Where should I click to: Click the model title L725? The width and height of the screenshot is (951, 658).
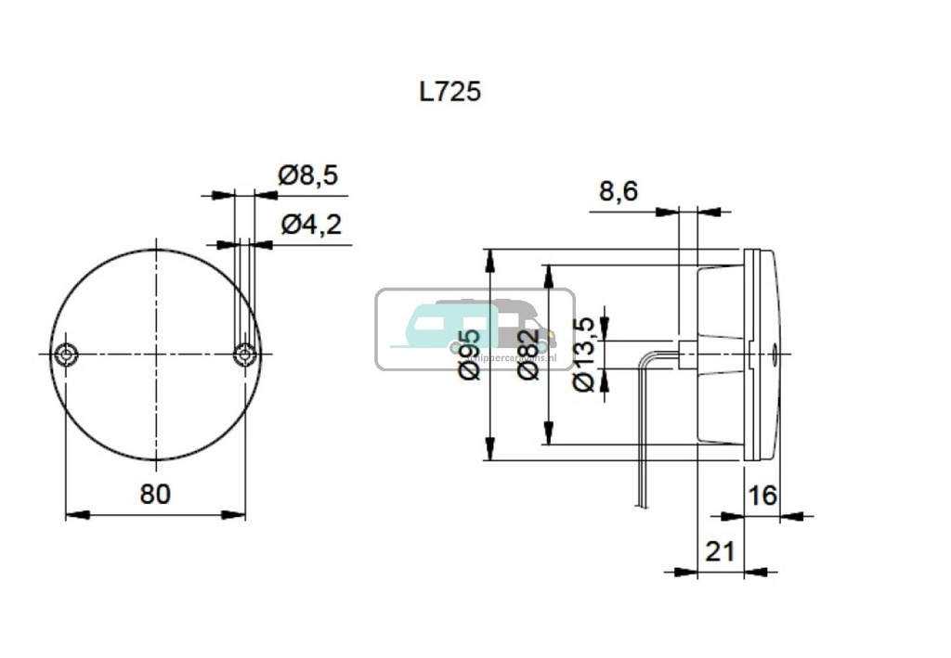[x=450, y=93]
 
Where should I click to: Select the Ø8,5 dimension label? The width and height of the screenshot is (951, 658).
[x=307, y=174]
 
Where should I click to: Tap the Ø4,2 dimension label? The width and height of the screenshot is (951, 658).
[x=310, y=224]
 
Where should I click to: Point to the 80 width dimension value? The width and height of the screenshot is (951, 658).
[x=155, y=495]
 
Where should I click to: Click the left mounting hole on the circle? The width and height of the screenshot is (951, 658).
[x=66, y=355]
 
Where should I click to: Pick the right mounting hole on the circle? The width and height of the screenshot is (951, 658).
[x=244, y=355]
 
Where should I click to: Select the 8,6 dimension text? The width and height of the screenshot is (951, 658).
[x=618, y=191]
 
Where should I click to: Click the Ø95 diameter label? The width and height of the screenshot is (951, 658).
[x=470, y=354]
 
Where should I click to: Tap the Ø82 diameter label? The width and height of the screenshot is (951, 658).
[x=528, y=355]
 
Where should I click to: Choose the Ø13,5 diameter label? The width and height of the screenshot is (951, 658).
[x=584, y=355]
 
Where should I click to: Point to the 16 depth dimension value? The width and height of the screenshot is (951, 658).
[x=762, y=496]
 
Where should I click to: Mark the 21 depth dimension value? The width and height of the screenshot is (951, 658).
[x=720, y=551]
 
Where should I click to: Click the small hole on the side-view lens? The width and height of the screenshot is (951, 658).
[x=775, y=354]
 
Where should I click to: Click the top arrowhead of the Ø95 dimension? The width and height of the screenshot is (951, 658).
[x=489, y=259]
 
